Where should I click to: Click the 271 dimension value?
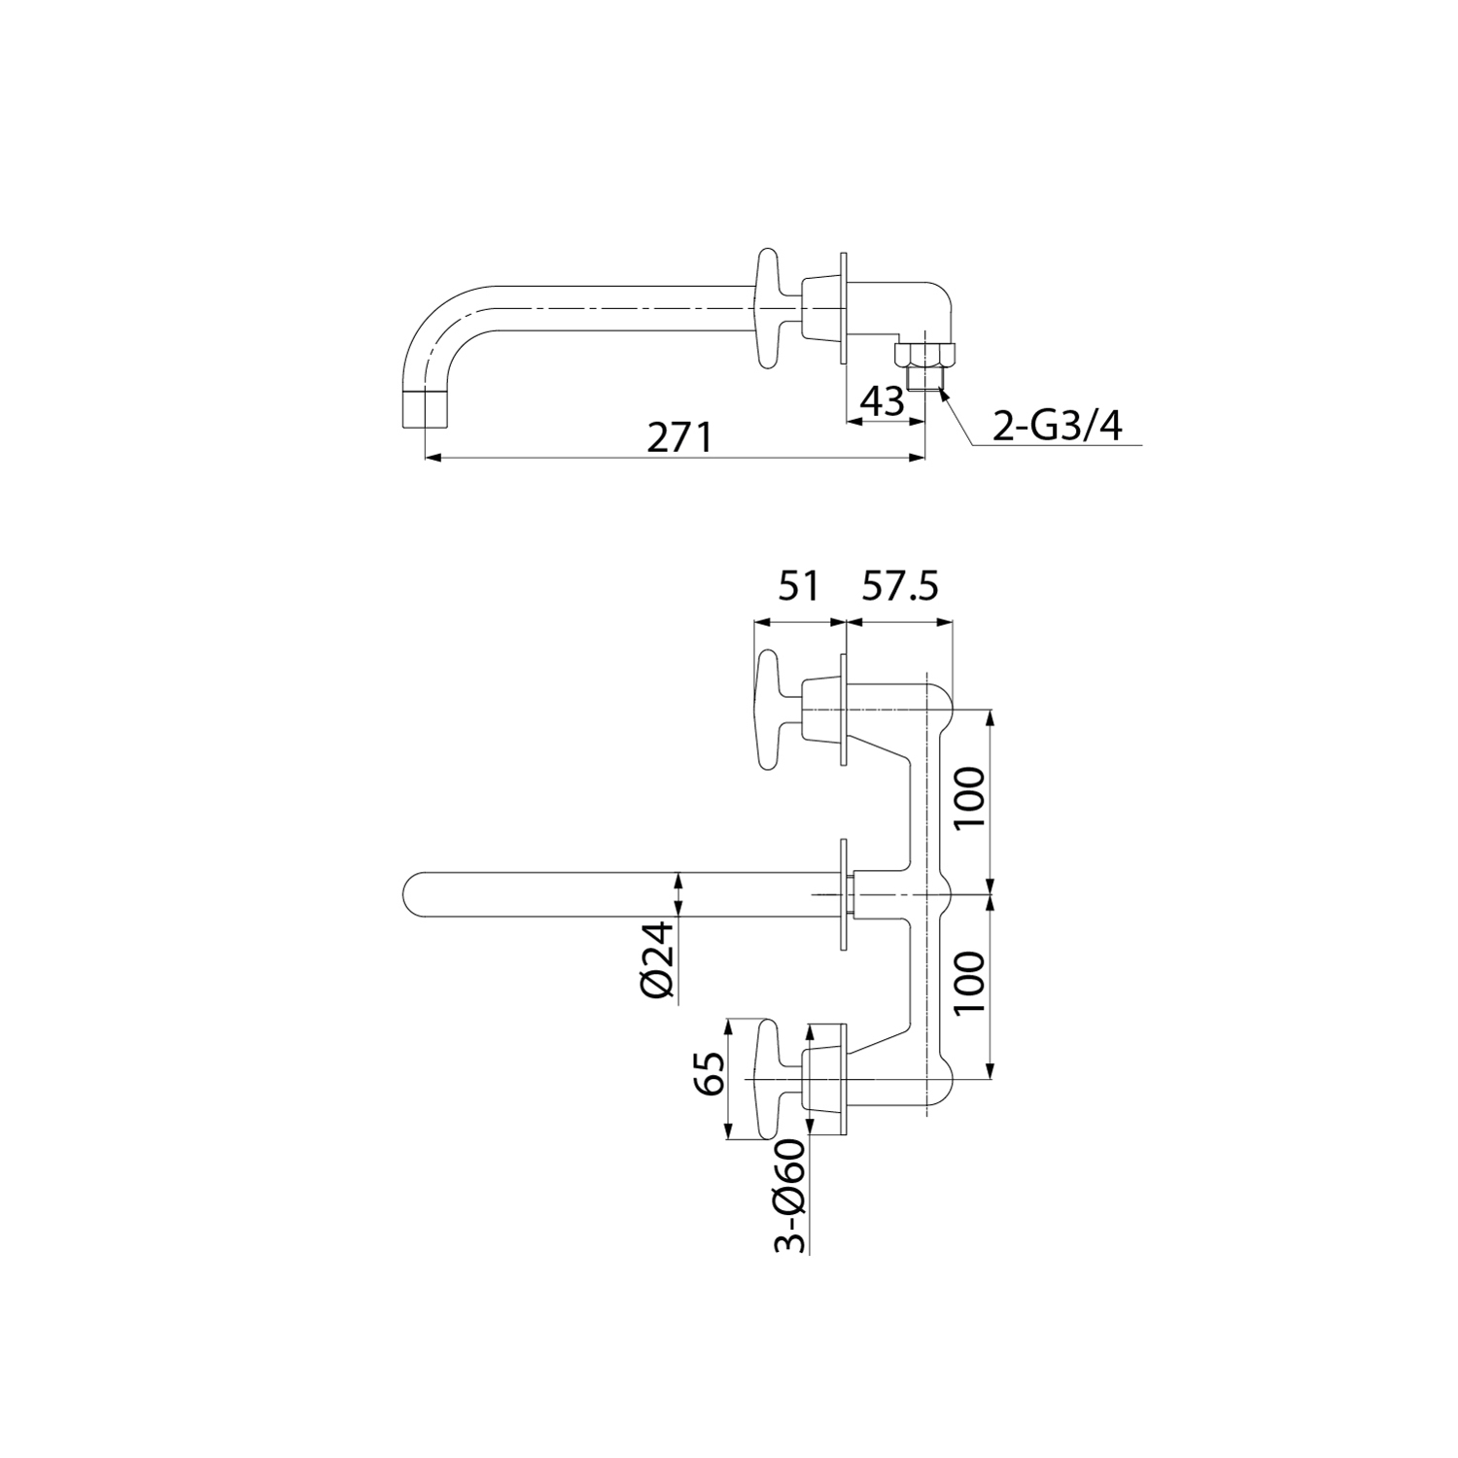(679, 437)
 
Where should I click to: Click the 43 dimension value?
(884, 401)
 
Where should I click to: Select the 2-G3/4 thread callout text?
(1056, 426)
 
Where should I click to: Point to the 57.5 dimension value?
(899, 587)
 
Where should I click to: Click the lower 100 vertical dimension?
(971, 982)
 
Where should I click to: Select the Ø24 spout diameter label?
(659, 959)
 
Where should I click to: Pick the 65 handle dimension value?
(712, 1073)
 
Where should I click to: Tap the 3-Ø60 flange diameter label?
(792, 1196)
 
